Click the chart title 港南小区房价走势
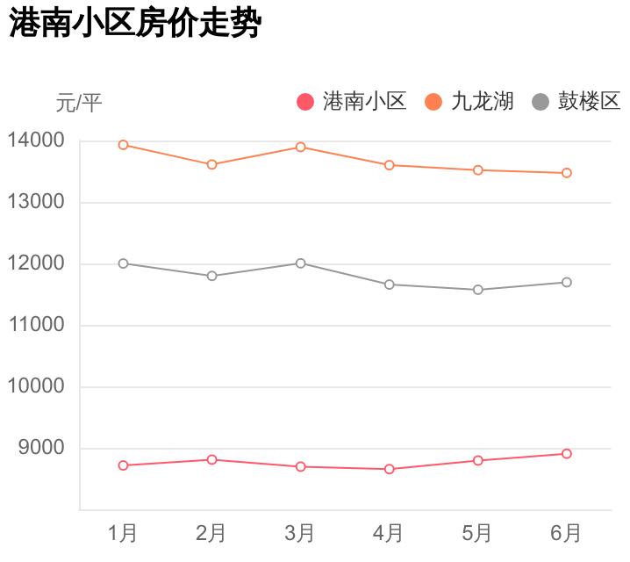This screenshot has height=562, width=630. coord(135,24)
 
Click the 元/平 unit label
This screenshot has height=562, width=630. coord(79,103)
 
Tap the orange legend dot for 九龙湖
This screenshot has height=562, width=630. coord(433,102)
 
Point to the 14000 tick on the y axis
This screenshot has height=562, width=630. coord(36,140)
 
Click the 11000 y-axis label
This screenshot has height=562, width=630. coord(36,325)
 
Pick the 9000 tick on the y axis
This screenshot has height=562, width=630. coord(41,448)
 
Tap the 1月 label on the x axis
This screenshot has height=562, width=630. coord(123,532)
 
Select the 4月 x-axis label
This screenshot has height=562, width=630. coord(389,532)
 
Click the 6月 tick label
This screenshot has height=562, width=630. coord(566,532)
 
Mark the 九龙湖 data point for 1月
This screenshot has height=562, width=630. coord(124,145)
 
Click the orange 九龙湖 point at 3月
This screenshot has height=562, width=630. coord(300,147)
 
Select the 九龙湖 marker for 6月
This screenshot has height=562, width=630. coord(567,173)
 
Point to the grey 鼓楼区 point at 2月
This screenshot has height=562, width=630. coord(211,276)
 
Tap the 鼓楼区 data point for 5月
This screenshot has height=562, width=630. coord(478,290)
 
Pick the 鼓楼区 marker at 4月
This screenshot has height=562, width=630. coord(389,285)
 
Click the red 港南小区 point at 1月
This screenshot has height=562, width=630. coord(124,465)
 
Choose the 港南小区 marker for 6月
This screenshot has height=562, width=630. coord(567,454)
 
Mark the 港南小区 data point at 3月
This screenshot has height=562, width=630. coord(300,467)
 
